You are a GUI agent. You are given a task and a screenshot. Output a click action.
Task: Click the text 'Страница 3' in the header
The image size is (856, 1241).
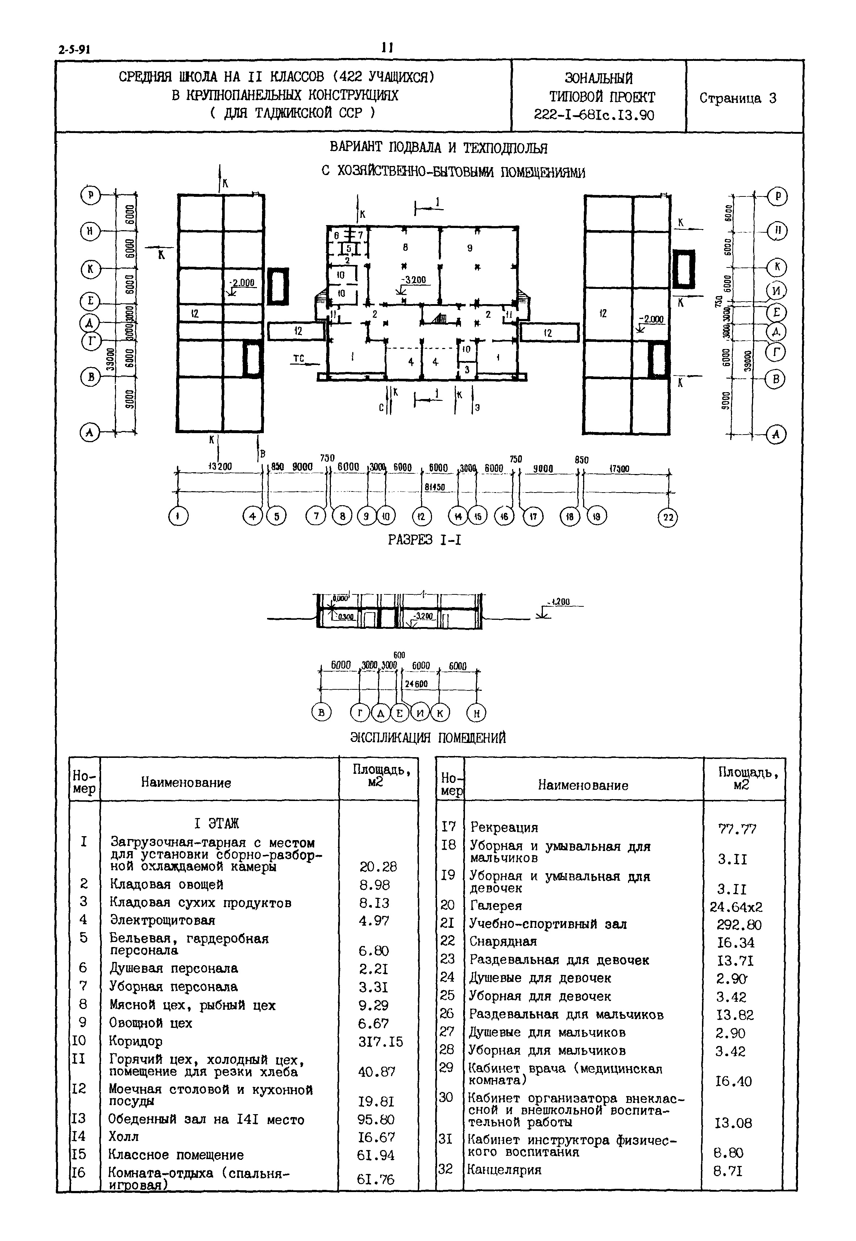point(737,98)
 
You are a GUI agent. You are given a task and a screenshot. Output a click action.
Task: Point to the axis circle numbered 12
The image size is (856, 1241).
point(421,516)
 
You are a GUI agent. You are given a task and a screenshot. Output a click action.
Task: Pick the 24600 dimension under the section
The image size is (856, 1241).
point(416,684)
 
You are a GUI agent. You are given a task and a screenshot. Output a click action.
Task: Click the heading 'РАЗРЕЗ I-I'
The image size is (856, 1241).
point(424,540)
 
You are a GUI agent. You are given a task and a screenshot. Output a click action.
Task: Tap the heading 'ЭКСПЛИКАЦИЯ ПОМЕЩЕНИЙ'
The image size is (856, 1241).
point(428,738)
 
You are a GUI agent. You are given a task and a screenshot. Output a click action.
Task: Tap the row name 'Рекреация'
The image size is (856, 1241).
point(504,827)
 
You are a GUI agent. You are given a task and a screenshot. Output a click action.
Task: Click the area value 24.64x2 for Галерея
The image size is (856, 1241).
point(736,907)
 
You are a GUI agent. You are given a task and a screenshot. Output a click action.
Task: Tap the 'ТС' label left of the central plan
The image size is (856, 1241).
point(299,359)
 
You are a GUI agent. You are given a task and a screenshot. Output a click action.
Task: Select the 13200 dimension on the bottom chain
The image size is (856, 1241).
point(220,466)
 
